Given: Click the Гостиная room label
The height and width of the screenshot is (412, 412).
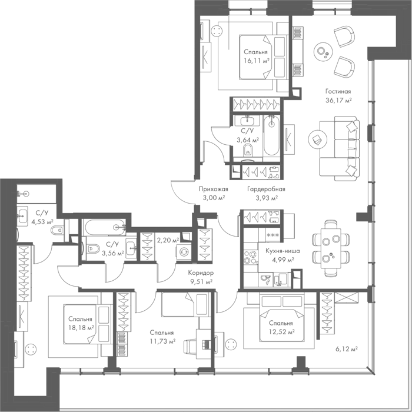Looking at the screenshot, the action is coord(338,91).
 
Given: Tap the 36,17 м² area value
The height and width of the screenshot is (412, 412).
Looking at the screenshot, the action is coord(338,100).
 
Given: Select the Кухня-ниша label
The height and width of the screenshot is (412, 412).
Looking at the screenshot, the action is coord(283,251).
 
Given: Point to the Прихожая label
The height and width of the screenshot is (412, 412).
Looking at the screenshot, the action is coord(213,189).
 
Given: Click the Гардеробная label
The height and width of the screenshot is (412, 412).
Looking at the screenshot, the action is coord(266,189).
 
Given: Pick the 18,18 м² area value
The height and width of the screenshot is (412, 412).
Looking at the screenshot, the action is coord(81,328).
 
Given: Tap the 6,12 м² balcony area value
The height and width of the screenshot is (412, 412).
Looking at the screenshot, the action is coord(346,349).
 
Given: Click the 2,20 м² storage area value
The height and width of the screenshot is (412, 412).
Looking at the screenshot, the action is coord(168,240).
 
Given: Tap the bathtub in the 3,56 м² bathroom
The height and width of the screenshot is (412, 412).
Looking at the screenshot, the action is coord(105,227).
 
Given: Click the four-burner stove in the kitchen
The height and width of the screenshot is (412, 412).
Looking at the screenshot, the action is coord(250,257).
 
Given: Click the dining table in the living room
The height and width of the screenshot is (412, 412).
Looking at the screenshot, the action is coord(331,248).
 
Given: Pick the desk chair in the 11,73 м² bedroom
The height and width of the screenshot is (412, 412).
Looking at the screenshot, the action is coord(191,344).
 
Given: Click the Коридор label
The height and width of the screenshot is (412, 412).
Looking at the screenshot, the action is coord(201,273).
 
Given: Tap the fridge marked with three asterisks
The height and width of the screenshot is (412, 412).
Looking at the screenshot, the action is coord(273,235).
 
